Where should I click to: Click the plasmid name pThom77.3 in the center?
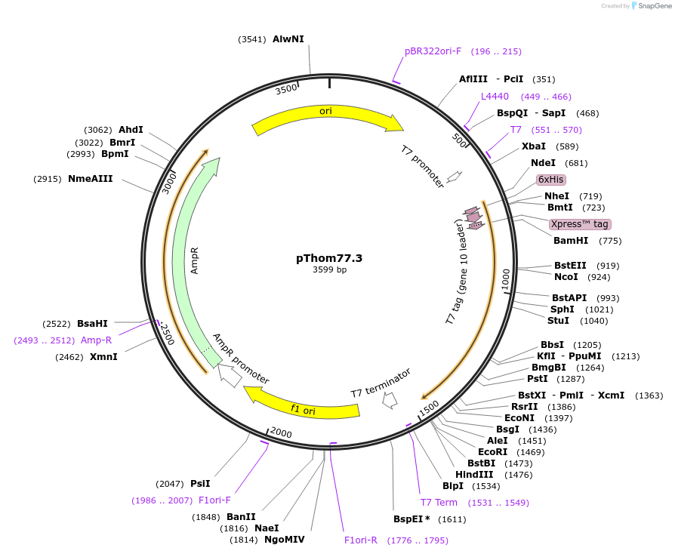329,258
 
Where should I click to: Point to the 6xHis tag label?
550,180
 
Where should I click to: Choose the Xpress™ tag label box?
579,224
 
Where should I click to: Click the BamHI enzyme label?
570,241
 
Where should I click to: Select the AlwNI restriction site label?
288,39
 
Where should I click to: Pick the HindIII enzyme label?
473,474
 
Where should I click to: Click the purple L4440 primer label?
495,97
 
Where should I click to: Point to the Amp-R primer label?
96,340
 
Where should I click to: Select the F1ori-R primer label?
361,540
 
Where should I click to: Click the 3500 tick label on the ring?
286,89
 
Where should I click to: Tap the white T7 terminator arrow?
390,402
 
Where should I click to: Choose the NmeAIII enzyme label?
90,179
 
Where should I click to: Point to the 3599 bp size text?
329,270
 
